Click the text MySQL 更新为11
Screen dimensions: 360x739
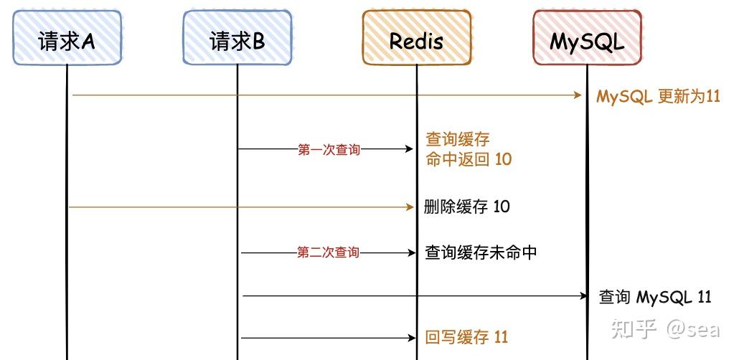(x=658, y=96)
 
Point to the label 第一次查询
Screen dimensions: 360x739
(x=329, y=150)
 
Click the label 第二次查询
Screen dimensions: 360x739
(x=328, y=252)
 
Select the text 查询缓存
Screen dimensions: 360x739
(x=458, y=139)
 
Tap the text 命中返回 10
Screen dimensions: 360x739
(x=469, y=159)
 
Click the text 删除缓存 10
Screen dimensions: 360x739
(x=467, y=207)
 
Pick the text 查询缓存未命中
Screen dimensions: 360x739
(x=481, y=252)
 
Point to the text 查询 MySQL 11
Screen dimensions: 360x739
(x=655, y=297)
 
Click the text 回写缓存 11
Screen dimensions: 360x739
(x=466, y=337)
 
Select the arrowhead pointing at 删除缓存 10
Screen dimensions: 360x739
(x=410, y=207)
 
